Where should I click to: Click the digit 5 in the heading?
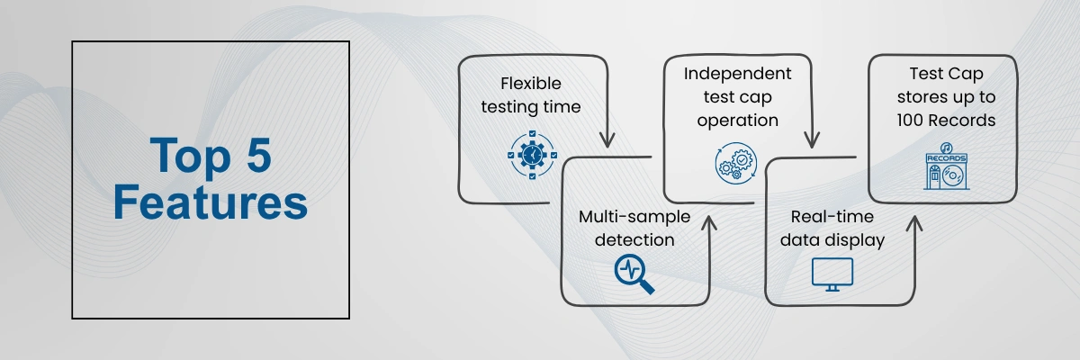click(x=259, y=155)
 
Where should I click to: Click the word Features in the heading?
click(x=211, y=202)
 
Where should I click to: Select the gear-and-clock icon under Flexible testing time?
click(x=532, y=155)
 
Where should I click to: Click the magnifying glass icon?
click(x=634, y=274)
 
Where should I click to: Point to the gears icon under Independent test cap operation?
click(x=736, y=163)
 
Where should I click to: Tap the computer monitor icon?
click(x=832, y=274)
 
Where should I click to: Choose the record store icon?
click(x=946, y=166)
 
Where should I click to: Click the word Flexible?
click(x=531, y=84)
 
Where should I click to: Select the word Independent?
click(x=737, y=74)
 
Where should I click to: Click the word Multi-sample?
click(x=634, y=217)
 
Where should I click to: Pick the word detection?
click(x=634, y=239)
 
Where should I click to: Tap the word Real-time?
click(x=832, y=216)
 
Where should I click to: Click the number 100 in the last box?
click(x=910, y=120)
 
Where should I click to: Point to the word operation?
click(x=738, y=121)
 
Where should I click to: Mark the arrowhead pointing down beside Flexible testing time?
click(x=607, y=139)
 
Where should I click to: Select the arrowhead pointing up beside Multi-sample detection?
click(x=709, y=223)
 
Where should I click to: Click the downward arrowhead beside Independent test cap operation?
click(x=812, y=139)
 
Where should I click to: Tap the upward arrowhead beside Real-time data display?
click(x=914, y=223)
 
